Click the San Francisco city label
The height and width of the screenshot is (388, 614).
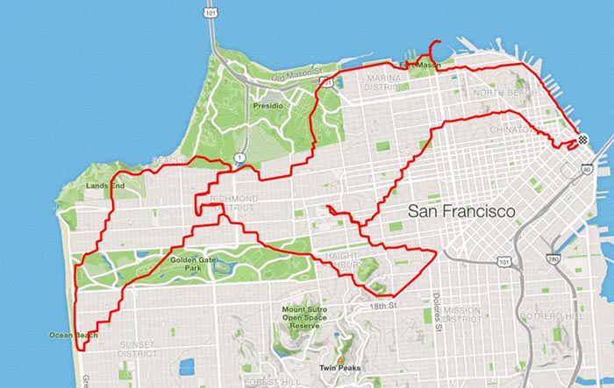[461, 212]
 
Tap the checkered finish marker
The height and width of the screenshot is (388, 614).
[582, 140]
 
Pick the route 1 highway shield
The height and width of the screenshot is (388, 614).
[239, 159]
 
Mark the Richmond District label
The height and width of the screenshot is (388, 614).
[234, 204]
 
